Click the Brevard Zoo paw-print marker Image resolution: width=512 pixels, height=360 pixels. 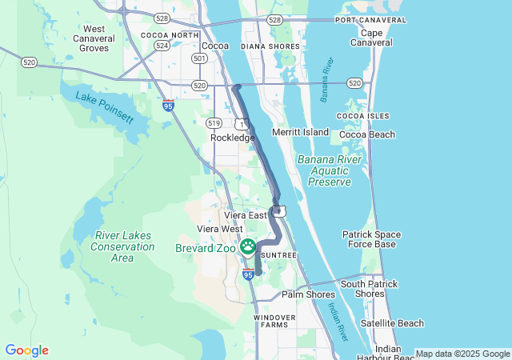(x=248, y=246)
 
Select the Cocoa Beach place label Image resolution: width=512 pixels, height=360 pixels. (x=366, y=134)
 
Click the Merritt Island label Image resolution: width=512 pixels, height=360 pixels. (x=300, y=131)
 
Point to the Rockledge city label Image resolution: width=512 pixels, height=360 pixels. (x=232, y=138)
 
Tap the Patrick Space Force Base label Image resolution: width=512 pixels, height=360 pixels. (x=371, y=239)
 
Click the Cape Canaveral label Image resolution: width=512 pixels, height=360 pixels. (x=371, y=38)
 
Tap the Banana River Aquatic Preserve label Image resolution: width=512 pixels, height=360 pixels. (x=324, y=170)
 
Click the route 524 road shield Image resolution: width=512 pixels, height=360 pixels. (x=162, y=46)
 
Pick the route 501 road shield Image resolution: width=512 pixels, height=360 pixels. (x=200, y=58)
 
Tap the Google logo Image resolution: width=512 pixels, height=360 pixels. (x=26, y=350)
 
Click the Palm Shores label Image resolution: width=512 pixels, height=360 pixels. (x=308, y=294)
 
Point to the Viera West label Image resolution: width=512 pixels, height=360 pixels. (x=219, y=229)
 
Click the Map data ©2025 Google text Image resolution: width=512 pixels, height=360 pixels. (x=462, y=354)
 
